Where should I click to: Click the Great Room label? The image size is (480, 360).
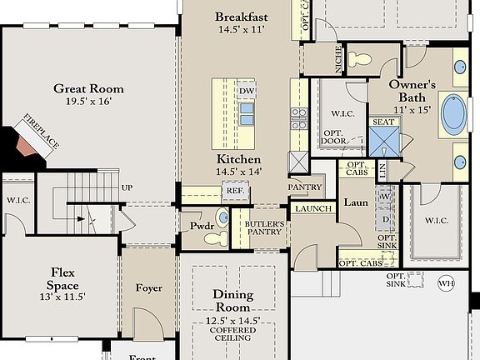tap(88, 88)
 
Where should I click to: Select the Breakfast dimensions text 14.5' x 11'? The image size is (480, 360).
tap(241, 30)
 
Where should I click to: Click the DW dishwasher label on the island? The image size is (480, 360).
tap(246, 92)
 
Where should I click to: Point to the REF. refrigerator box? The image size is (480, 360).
tap(233, 191)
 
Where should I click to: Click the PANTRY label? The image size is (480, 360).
tap(305, 187)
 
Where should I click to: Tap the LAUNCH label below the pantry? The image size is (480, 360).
tap(313, 208)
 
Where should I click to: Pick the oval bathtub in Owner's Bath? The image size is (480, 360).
tap(452, 115)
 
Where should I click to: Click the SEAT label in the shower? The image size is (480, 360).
tap(383, 122)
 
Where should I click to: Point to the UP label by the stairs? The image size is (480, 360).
tap(127, 187)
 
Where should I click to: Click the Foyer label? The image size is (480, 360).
tap(148, 288)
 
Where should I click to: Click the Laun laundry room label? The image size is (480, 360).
tap(356, 202)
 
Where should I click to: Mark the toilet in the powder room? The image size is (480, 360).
tap(216, 237)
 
